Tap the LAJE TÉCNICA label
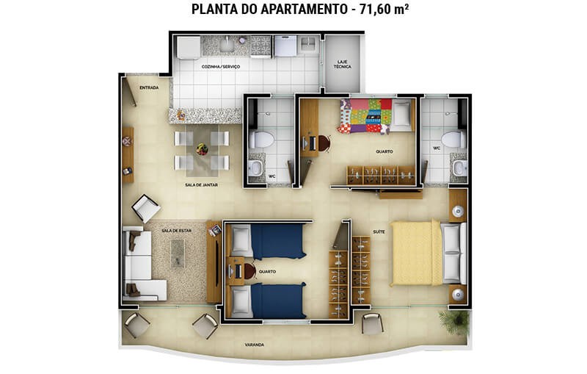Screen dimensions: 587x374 (x=342, y=64)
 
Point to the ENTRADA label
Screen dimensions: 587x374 (x=149, y=87)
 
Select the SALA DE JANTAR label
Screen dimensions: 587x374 (x=201, y=184)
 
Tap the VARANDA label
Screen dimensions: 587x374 (x=255, y=345)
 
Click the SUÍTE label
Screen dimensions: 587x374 (x=379, y=231)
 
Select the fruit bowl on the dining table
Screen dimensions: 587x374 (x=203, y=148)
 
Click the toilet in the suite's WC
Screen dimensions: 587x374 (x=453, y=140)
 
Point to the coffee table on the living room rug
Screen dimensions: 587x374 (x=178, y=253)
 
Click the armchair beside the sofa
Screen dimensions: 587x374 (x=146, y=208)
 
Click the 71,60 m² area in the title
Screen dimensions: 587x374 (x=384, y=9)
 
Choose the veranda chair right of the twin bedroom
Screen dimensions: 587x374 (x=373, y=323)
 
